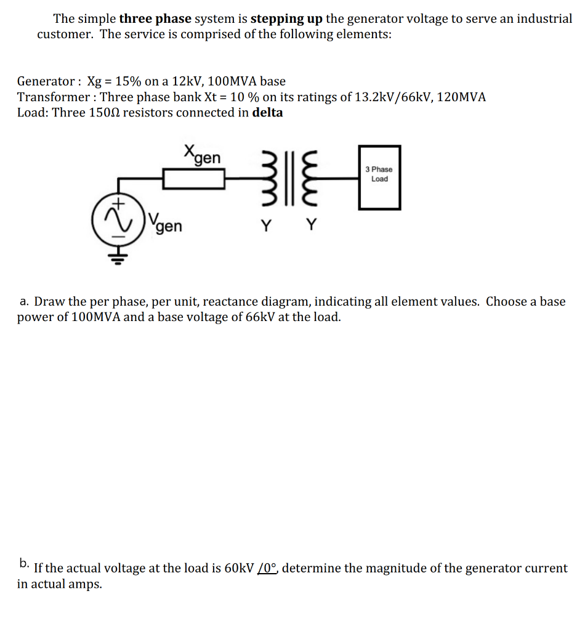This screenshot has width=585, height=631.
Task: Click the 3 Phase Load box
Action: pos(379,177)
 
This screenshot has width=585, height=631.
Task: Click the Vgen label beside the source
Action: pos(166,226)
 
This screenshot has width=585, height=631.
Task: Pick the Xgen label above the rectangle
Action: pos(202,154)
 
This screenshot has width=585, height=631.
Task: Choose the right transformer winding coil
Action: pos(312,179)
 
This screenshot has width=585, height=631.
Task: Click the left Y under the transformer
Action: pos(265,226)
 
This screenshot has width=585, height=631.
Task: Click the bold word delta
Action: pos(268,113)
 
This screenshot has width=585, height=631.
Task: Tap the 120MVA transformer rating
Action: pos(461,97)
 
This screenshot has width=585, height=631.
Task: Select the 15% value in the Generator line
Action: pos(127,81)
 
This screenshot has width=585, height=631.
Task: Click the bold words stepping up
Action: pos(287,18)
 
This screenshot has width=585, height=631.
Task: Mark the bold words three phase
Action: pos(155,18)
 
